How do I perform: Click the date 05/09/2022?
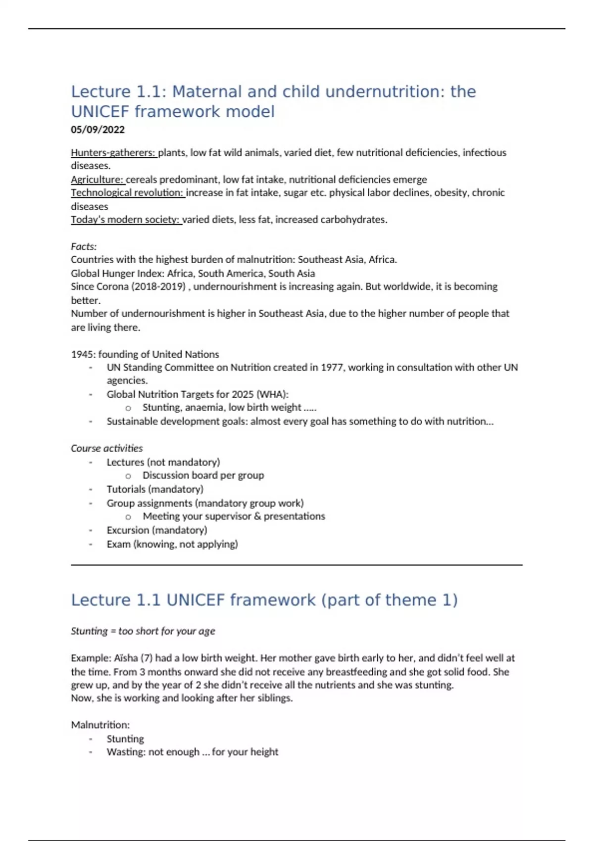[x=98, y=130]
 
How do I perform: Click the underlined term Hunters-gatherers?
[x=113, y=152]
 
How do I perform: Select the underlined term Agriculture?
[x=97, y=179]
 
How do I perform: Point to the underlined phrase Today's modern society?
[x=125, y=219]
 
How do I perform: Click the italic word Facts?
[x=84, y=246]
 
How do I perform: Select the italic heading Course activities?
[x=106, y=448]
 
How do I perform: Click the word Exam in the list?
[x=118, y=544]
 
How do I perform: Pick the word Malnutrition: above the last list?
[x=100, y=725]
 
